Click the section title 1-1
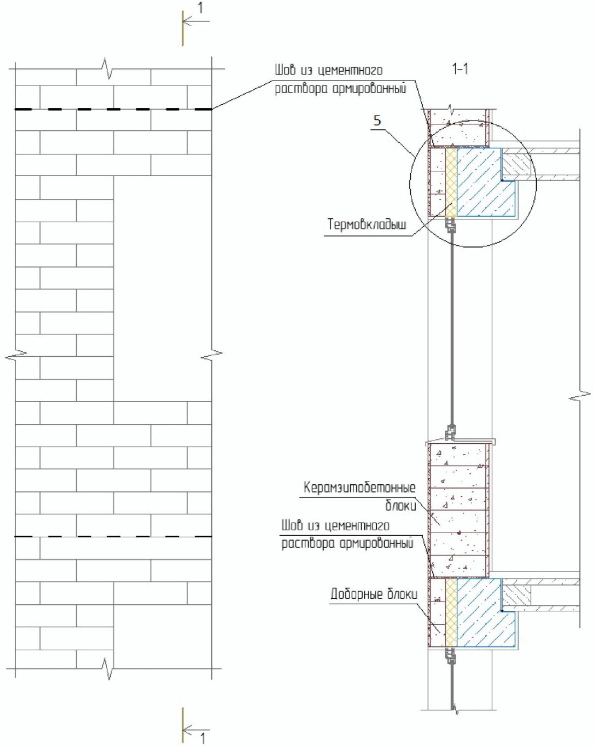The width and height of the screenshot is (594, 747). pos(460,69)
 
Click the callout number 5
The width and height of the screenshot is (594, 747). pos(377,120)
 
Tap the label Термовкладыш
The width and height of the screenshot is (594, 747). pos(366,224)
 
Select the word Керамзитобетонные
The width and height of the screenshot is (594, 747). pos(359,488)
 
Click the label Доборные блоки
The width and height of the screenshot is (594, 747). pos(373,595)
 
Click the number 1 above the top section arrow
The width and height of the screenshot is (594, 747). pos(201,8)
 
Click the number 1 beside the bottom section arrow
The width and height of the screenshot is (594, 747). pos(203,738)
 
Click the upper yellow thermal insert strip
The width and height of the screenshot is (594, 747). pos(451,181)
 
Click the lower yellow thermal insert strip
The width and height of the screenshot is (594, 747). pos(451,613)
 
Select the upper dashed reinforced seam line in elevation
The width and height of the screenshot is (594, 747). pos(113,110)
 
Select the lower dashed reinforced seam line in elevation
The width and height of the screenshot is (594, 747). pos(113,537)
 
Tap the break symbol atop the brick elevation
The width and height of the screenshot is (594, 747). pos(109,69)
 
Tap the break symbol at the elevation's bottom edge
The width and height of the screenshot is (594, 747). pos(109,668)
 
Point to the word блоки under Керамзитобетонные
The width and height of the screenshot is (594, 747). pos(401,505)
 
